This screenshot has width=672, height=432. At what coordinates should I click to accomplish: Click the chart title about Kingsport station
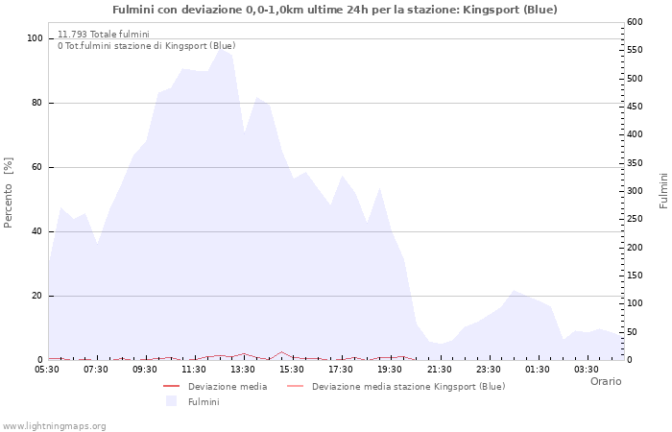coord(334,10)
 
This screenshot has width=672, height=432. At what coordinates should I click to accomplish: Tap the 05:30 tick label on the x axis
coord(47,369)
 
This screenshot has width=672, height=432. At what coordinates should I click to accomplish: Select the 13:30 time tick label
coord(243,369)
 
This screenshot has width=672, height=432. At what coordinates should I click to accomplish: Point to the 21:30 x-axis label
coord(439,369)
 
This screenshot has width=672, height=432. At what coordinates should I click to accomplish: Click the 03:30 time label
coord(587,369)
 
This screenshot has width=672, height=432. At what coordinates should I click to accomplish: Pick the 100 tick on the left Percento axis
coord(35,38)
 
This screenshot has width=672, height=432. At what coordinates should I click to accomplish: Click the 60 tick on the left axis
coord(36,167)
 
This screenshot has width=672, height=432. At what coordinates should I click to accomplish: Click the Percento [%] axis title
coord(9,193)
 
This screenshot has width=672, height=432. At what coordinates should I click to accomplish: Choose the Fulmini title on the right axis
coord(663,190)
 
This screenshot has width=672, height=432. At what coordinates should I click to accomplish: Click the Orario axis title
coord(605,381)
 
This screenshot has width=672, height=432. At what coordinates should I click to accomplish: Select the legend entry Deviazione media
coord(227,387)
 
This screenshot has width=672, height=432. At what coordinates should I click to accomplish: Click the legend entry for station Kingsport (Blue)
coord(407,387)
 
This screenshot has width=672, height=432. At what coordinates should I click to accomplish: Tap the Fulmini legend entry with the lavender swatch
coord(203,401)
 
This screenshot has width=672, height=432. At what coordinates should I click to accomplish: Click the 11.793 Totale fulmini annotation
coord(103,34)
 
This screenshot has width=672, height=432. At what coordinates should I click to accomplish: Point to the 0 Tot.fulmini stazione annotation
coord(146,45)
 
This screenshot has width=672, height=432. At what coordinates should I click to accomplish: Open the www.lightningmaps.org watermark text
coord(55,425)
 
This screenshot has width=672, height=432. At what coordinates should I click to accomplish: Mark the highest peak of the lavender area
coord(222,46)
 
